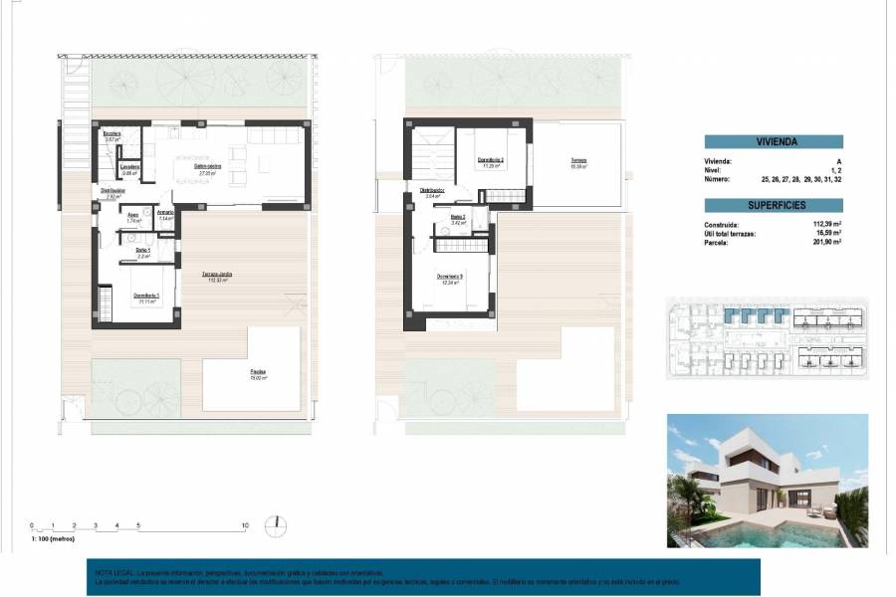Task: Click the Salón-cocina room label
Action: point(208,170)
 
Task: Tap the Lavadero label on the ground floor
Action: point(129,168)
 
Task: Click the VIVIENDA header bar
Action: point(774,141)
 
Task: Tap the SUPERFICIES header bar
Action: point(774,205)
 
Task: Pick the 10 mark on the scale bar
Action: point(244,523)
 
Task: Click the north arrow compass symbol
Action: point(277,524)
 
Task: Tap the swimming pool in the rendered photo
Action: point(757,536)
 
